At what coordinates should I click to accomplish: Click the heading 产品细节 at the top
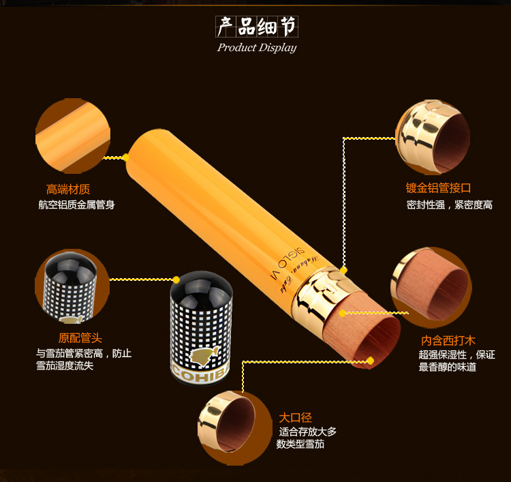pyautogui.click(x=256, y=27)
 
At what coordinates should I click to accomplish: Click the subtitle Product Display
pyautogui.click(x=256, y=48)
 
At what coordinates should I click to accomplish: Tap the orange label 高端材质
pyautogui.click(x=68, y=190)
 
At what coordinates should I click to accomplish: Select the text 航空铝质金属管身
pyautogui.click(x=76, y=205)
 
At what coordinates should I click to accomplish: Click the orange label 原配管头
pyautogui.click(x=80, y=337)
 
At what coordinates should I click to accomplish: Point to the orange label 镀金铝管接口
pyautogui.click(x=438, y=188)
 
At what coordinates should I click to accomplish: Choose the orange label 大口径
pyautogui.click(x=295, y=417)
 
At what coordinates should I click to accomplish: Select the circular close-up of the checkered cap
pyautogui.click(x=71, y=286)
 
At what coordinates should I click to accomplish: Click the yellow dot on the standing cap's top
pyautogui.click(x=176, y=280)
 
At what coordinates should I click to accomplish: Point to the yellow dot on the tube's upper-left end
pyautogui.click(x=126, y=157)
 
